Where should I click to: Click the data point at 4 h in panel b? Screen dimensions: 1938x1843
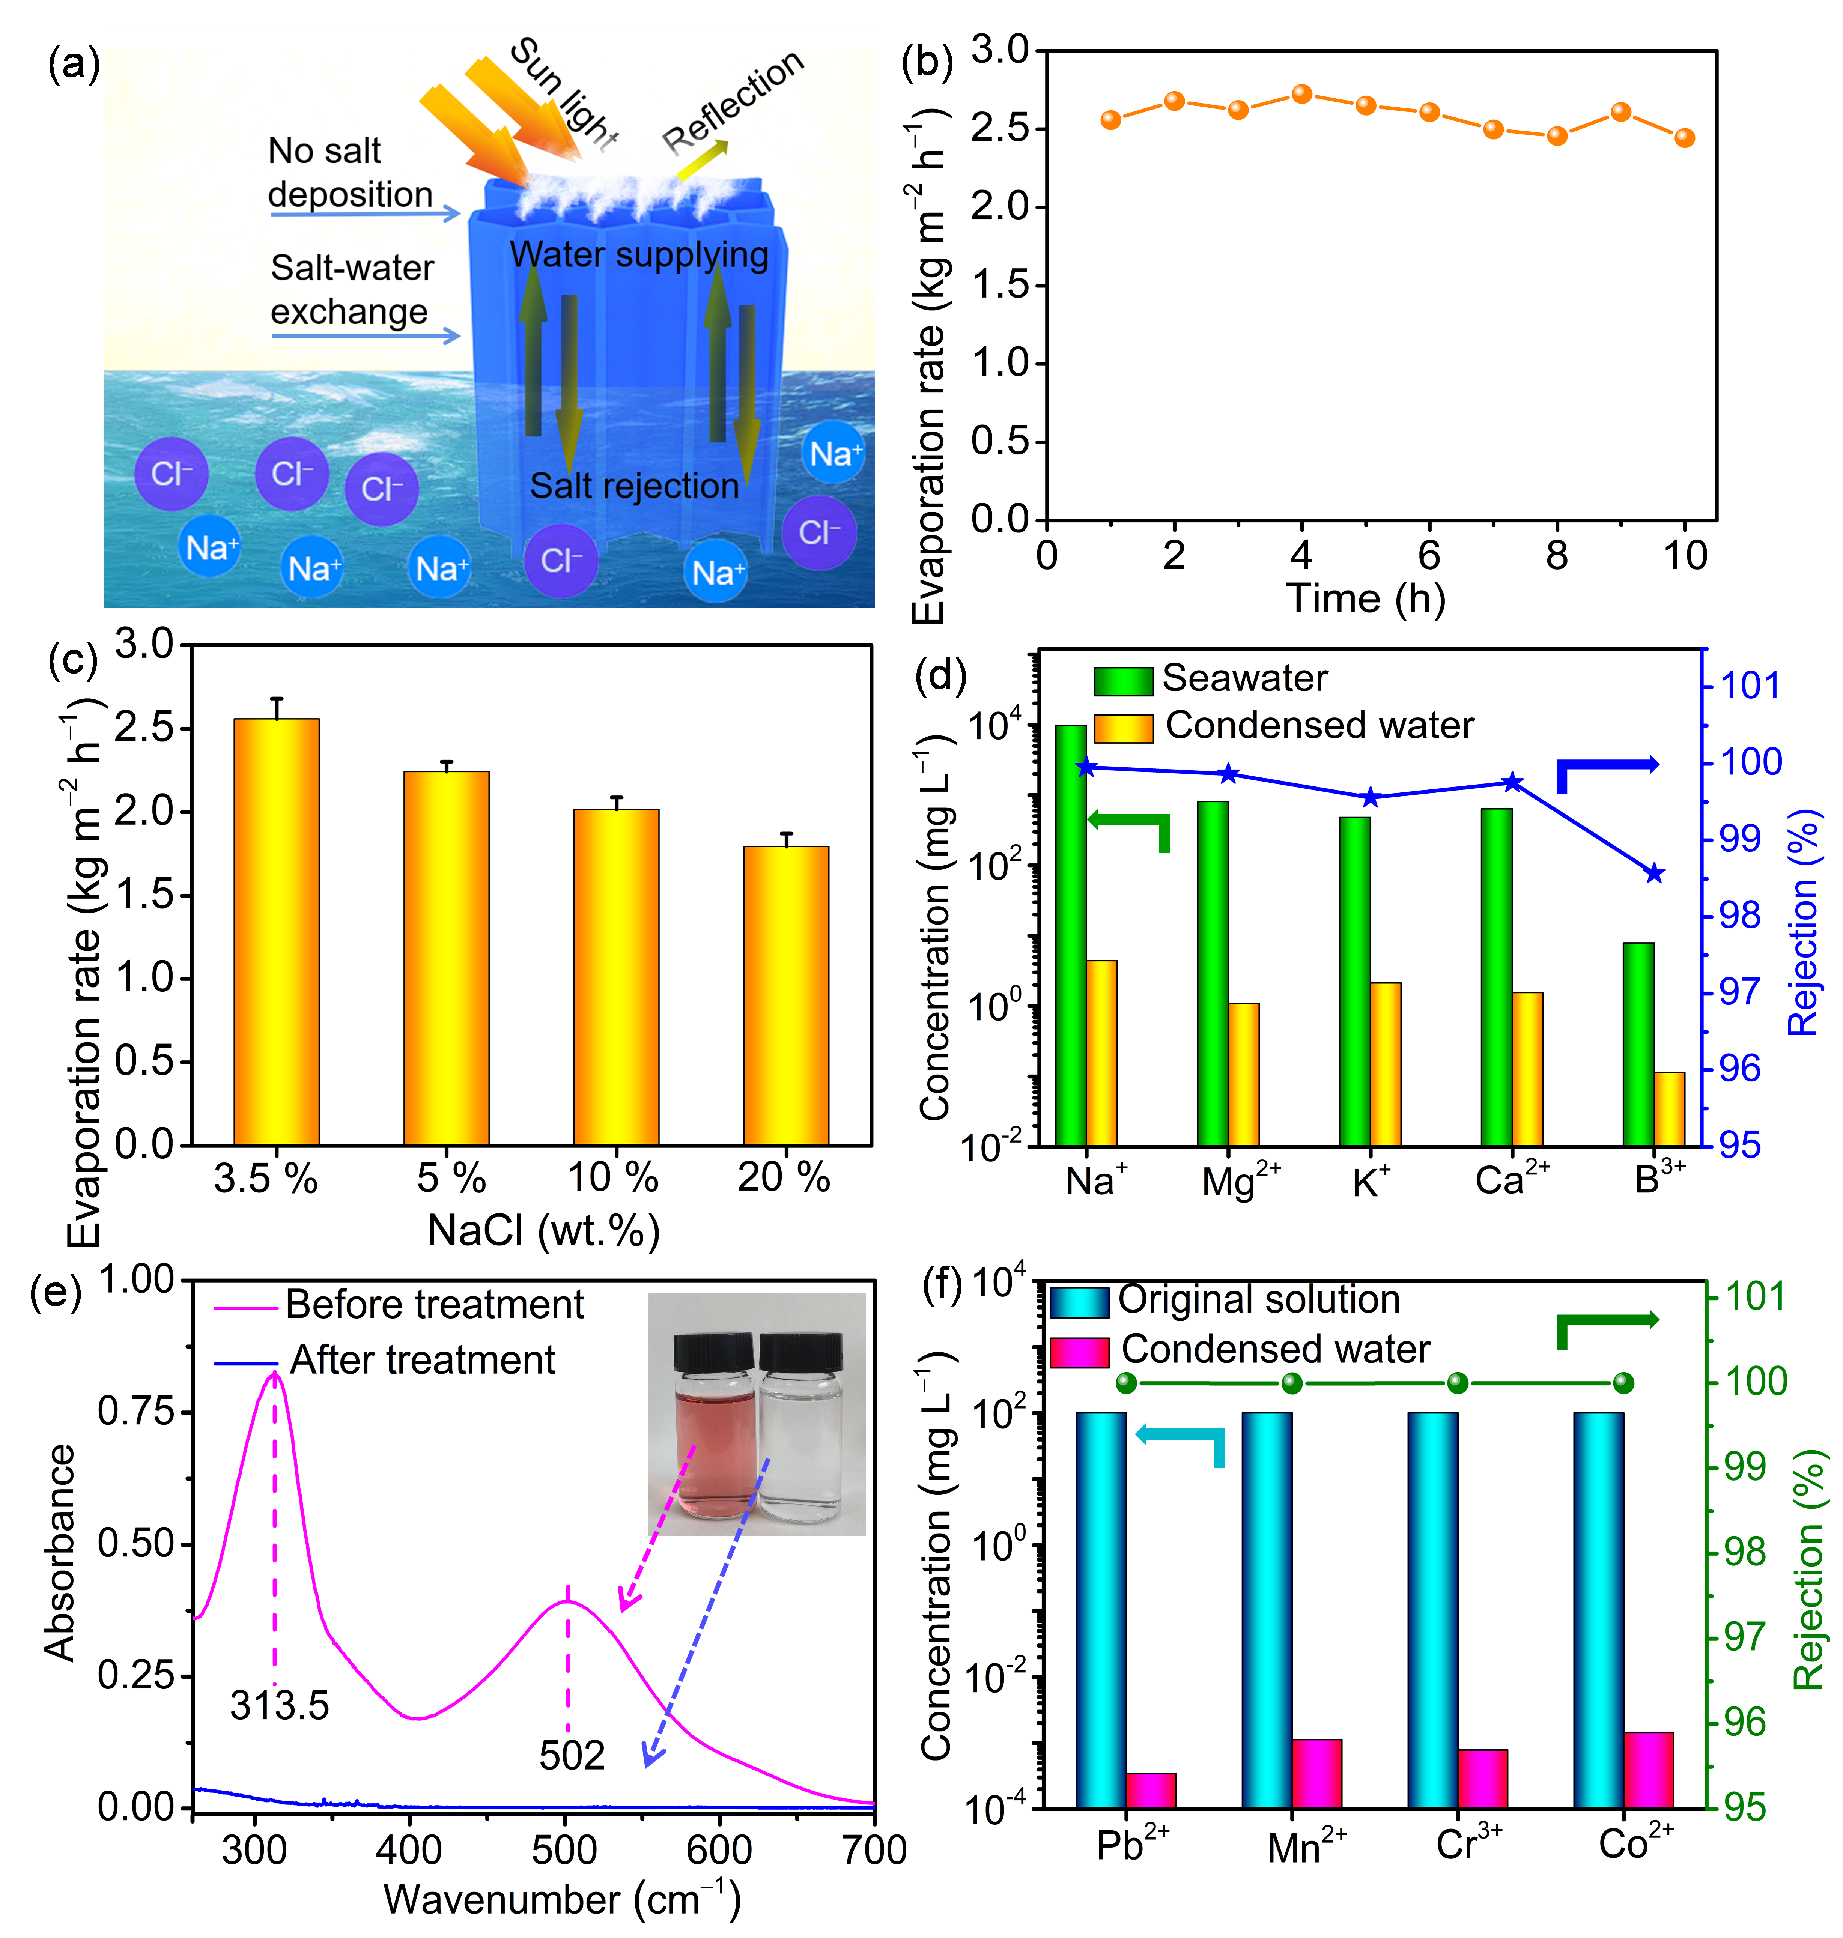click(1302, 94)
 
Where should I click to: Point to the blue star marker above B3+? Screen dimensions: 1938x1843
click(1655, 873)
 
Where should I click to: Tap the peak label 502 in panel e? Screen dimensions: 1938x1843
click(572, 1755)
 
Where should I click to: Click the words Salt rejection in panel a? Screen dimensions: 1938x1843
click(635, 486)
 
